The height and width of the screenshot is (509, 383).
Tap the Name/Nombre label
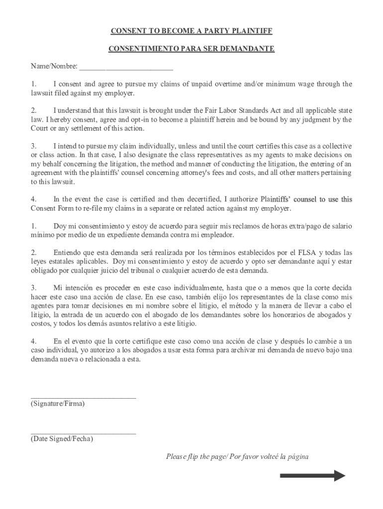(x=54, y=66)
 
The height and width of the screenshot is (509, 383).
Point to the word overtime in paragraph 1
(x=226, y=84)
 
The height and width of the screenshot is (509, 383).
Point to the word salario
(x=340, y=226)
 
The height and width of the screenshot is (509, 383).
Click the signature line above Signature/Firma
(x=83, y=398)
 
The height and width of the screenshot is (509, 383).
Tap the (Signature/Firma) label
(x=58, y=404)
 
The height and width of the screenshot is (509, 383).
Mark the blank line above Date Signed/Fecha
(x=83, y=433)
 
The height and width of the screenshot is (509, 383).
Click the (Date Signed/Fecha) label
(x=62, y=439)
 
